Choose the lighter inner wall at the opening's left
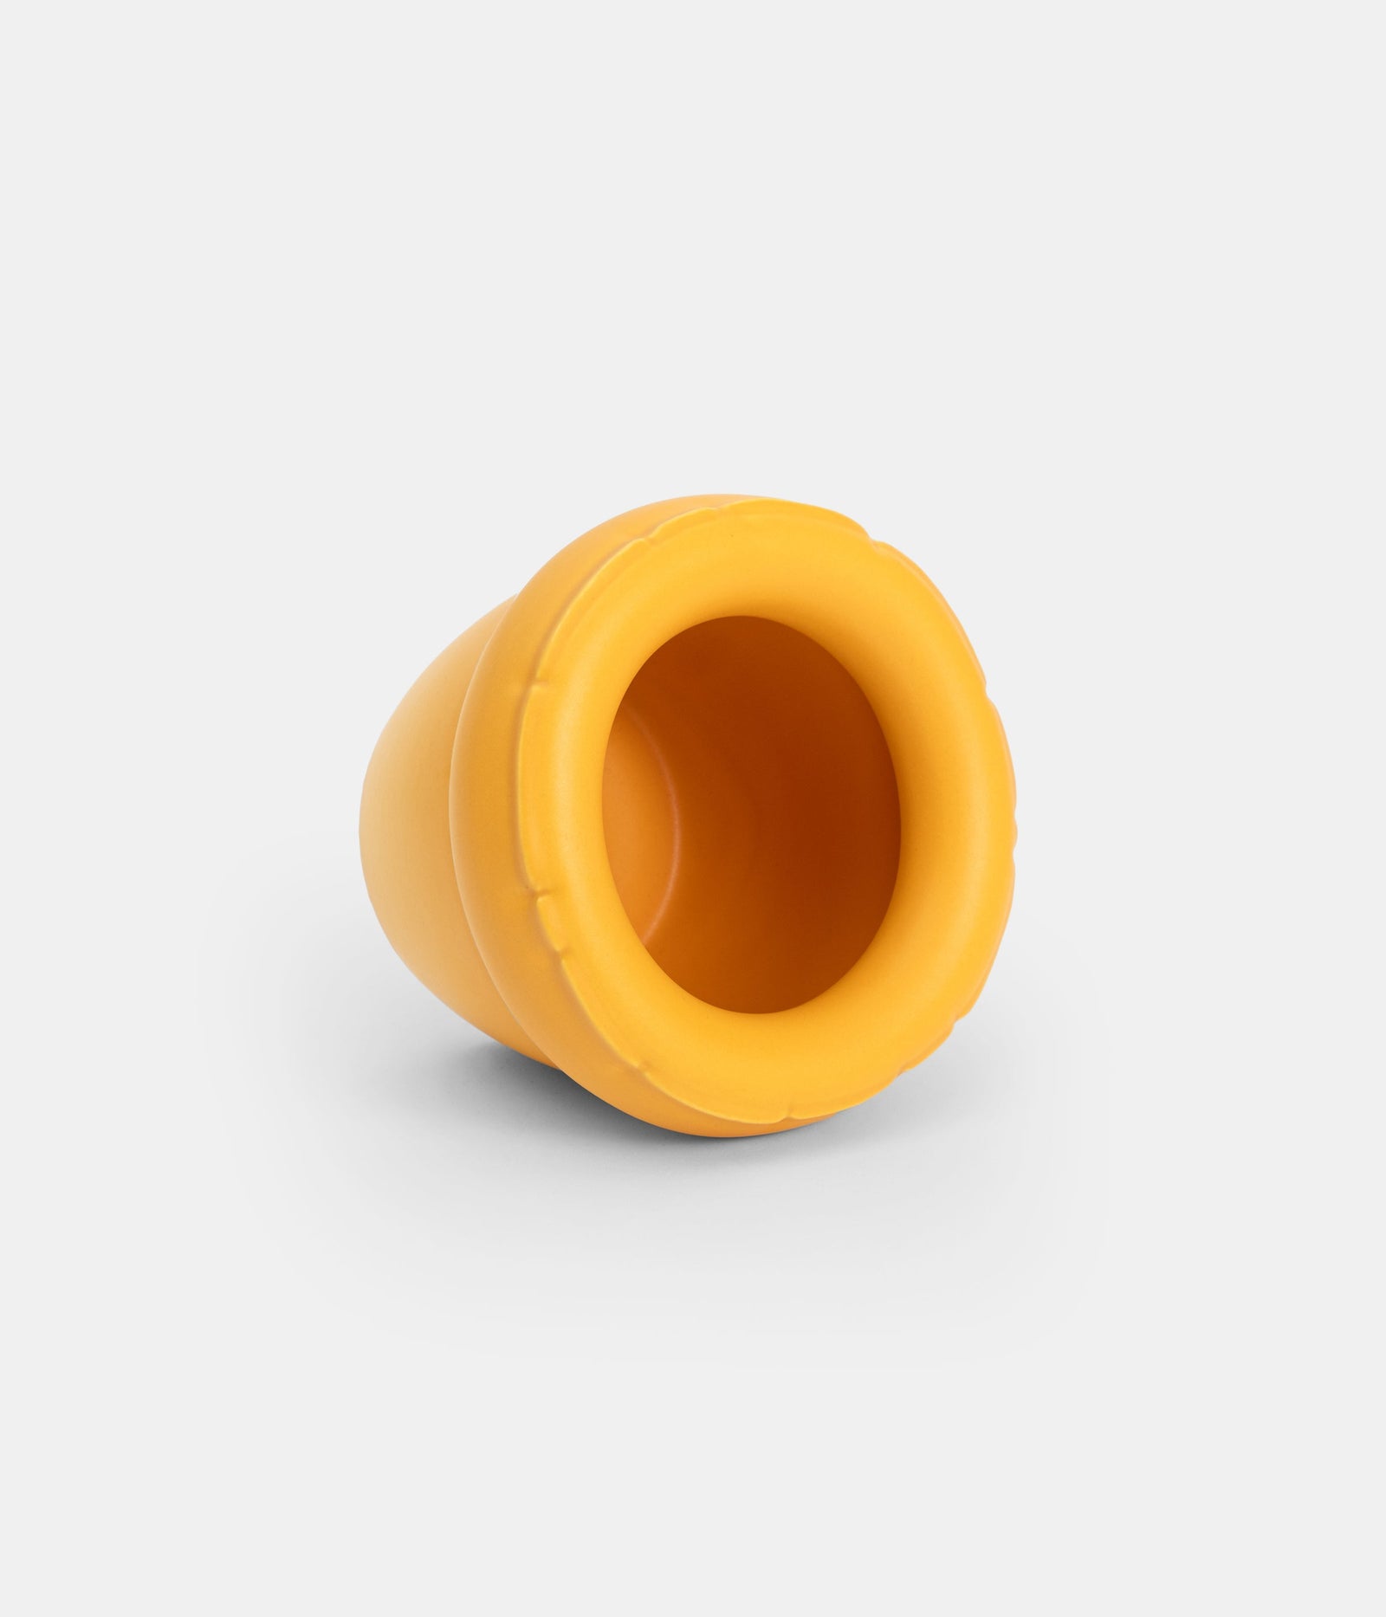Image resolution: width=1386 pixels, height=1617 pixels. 641,823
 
